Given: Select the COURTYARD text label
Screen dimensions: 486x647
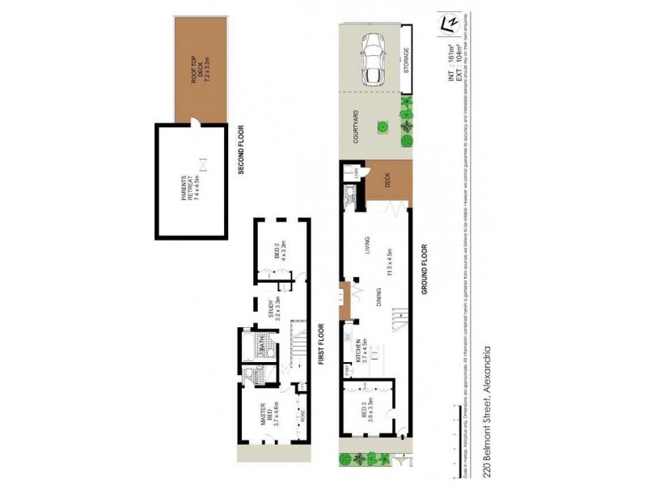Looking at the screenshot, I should [357, 128].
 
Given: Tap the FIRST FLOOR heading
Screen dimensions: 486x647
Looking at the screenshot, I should [320, 345].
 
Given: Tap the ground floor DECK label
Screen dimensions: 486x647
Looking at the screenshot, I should [387, 182].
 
